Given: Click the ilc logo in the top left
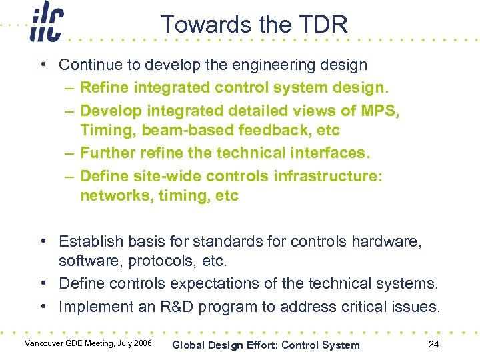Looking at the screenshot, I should pyautogui.click(x=45, y=25).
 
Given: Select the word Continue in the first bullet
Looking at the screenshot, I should pyautogui.click(x=86, y=65).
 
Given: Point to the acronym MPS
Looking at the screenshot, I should pyautogui.click(x=379, y=110).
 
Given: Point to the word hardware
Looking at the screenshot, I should pyautogui.click(x=391, y=241).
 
